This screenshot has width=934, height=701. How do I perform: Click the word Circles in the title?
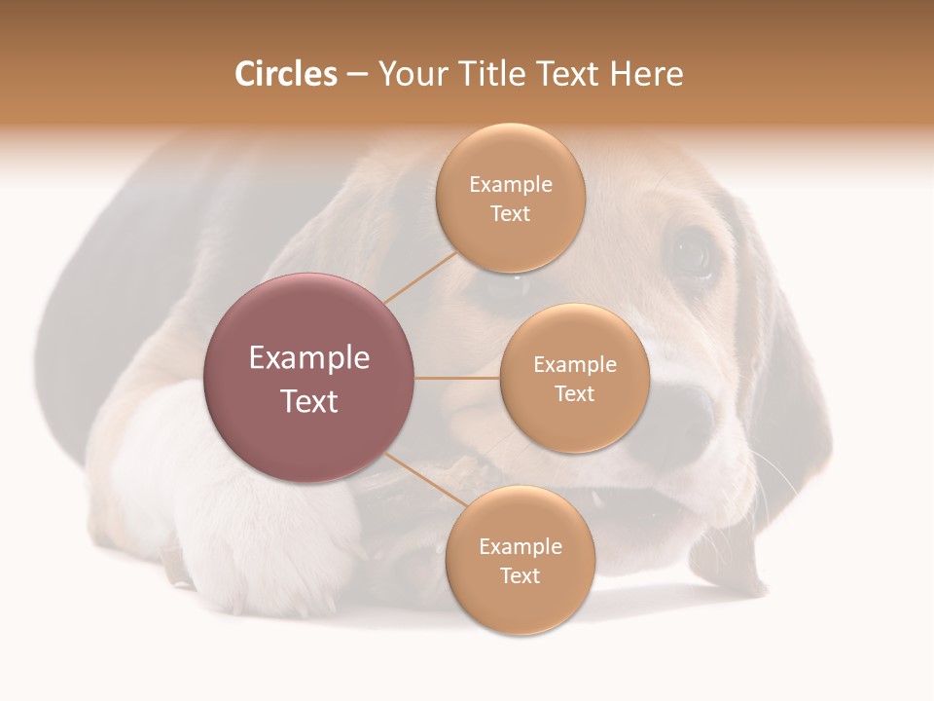click(286, 74)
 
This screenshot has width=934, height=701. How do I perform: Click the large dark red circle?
click(309, 378)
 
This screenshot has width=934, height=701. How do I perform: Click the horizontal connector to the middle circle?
click(457, 378)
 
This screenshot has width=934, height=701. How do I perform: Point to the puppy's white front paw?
click(263, 545)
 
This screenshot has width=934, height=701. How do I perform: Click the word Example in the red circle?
click(309, 357)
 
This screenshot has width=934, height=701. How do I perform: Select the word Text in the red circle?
click(309, 401)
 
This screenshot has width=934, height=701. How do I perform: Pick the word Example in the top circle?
click(511, 184)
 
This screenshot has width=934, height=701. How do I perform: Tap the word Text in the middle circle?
click(575, 393)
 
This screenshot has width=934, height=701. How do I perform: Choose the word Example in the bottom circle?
click(521, 546)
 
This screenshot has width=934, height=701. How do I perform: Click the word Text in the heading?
click(569, 74)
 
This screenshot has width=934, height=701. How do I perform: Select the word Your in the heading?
click(409, 74)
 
